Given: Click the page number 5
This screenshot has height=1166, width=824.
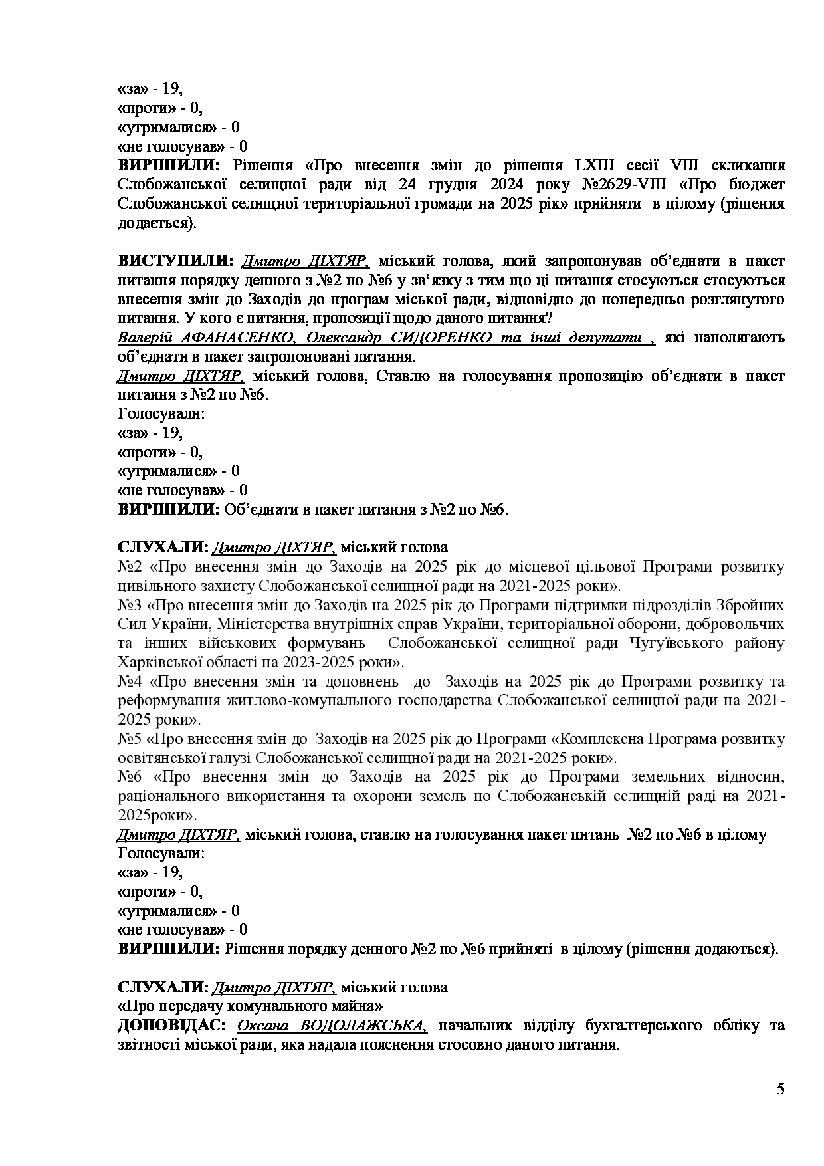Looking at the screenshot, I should [x=780, y=1089].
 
